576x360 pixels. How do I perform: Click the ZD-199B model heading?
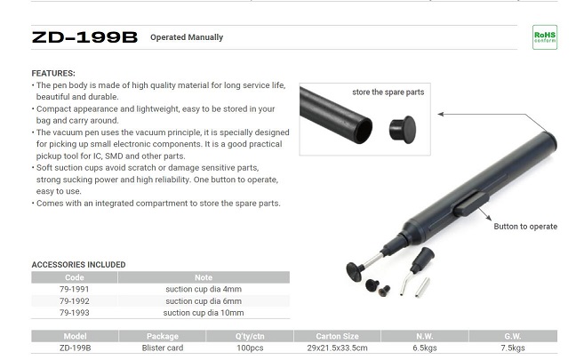84,37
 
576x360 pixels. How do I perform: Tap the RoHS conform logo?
545,37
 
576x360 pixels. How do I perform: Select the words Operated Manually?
187,37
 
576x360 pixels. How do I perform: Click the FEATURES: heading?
53,73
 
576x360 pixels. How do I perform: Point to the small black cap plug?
403,129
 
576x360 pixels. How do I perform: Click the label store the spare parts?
388,92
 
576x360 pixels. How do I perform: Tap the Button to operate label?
525,227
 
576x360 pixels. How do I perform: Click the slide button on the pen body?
471,204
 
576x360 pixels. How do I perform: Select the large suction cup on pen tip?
355,271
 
